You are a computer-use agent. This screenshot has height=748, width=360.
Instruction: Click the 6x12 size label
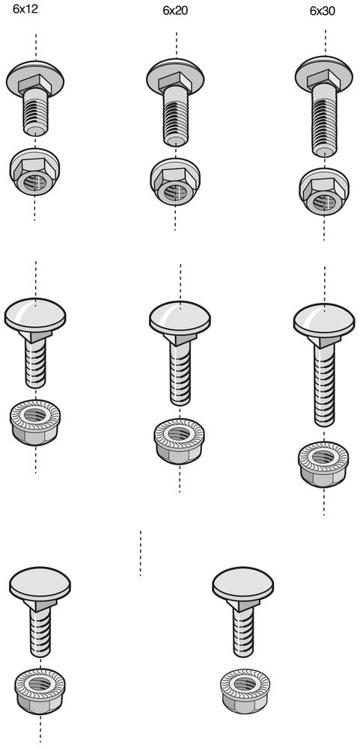click(25, 10)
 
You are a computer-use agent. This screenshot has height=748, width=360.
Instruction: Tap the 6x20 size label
click(175, 11)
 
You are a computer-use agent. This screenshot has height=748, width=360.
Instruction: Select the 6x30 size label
click(323, 11)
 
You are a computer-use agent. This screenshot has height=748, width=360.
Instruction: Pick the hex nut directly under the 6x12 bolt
click(34, 172)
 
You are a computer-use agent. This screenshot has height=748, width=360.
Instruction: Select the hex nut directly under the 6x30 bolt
click(324, 191)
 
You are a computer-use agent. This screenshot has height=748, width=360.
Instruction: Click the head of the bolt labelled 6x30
click(325, 76)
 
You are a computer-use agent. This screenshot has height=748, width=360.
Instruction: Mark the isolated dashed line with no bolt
click(141, 554)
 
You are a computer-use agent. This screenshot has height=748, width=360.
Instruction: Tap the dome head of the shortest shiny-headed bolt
click(35, 314)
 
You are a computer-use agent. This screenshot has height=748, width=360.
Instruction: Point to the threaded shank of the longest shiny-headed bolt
click(325, 381)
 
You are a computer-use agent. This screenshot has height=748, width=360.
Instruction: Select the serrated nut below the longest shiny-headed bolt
click(324, 464)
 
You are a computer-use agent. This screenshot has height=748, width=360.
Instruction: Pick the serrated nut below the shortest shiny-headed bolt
click(35, 422)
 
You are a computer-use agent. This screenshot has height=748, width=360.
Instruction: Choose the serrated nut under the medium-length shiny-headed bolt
click(179, 441)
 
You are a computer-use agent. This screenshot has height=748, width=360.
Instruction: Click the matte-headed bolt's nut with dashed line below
click(40, 691)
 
